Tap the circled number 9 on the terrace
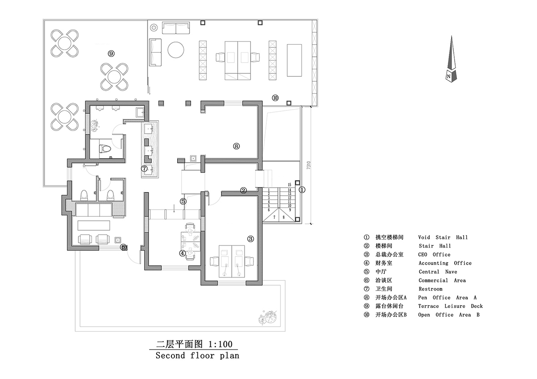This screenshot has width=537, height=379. tap(111, 54)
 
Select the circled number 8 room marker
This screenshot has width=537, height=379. tap(236, 146)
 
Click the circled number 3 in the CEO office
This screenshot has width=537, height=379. tap(251, 239)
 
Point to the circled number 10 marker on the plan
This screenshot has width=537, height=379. tap(275, 97)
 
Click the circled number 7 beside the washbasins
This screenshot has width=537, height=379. tap(144, 169)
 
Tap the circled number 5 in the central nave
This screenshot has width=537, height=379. tap(183, 201)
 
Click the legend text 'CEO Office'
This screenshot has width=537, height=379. tap(434, 254)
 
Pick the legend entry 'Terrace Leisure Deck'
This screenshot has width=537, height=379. tap(450, 306)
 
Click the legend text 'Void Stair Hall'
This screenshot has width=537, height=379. tap(443, 237)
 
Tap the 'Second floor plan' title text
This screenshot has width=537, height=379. tap(197, 356)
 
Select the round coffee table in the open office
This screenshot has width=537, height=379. tap(176, 50)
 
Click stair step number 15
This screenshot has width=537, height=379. tap(290, 185)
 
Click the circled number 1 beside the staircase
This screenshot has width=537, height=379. tap(302, 189)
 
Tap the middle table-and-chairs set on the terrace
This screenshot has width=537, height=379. tap(114, 76)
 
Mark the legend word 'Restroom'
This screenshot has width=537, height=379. tap(430, 289)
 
